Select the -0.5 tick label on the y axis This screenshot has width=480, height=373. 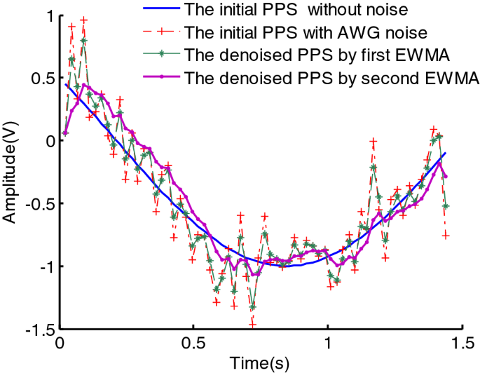click(x=39, y=204)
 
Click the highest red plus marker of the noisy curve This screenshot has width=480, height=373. click(x=84, y=20)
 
